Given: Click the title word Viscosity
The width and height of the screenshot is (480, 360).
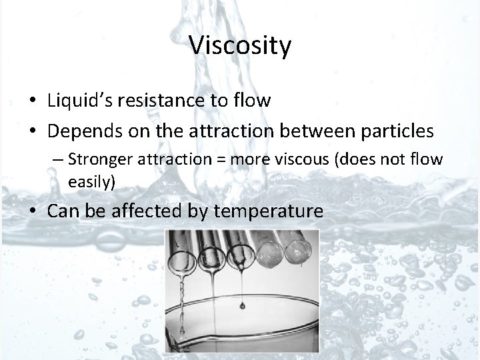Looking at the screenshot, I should (240, 45).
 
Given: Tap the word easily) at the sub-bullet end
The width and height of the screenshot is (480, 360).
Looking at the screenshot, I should (91, 181).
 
